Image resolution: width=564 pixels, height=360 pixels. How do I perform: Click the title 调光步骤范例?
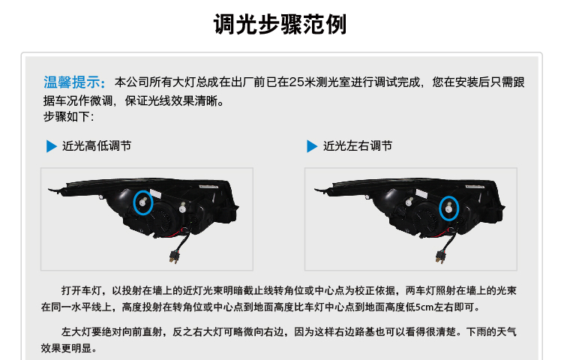pyautogui.click(x=280, y=25)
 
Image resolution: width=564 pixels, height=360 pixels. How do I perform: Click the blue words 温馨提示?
pyautogui.click(x=72, y=82)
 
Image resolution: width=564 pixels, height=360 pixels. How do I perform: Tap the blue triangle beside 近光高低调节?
pyautogui.click(x=52, y=146)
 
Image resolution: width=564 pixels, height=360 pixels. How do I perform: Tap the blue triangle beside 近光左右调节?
pyautogui.click(x=312, y=146)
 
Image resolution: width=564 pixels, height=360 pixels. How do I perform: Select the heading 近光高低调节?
pyautogui.click(x=97, y=146)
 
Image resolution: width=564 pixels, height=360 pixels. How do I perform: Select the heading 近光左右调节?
pyautogui.click(x=358, y=146)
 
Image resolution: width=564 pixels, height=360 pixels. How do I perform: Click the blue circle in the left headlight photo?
pyautogui.click(x=133, y=202)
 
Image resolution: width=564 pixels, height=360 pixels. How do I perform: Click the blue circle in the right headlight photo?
pyautogui.click(x=439, y=208)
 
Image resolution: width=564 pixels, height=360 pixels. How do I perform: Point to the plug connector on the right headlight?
pyautogui.click(x=440, y=256)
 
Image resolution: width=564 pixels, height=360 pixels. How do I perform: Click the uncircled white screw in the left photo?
pyautogui.click(x=183, y=208)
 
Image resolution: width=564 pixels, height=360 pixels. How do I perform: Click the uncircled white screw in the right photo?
pyautogui.click(x=409, y=202)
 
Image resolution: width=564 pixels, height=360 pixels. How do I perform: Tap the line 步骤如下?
pyautogui.click(x=68, y=116)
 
